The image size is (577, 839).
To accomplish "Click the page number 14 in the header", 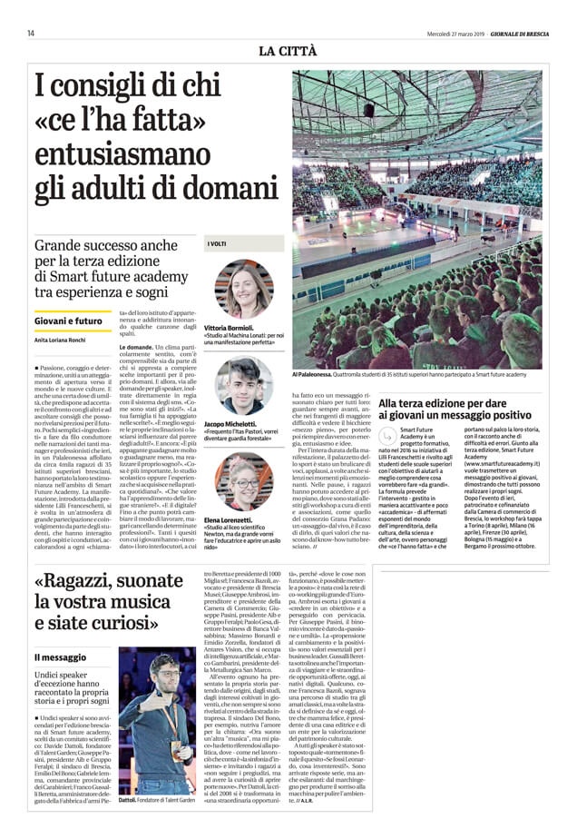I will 31,33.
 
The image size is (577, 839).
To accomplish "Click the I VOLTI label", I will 218,243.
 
